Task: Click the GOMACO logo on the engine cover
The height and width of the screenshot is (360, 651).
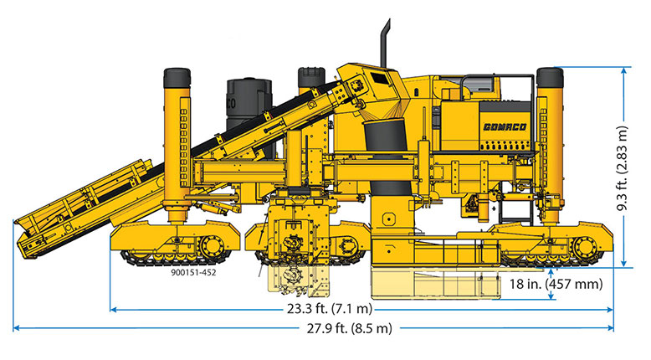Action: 505,126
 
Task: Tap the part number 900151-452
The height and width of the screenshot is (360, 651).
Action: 193,273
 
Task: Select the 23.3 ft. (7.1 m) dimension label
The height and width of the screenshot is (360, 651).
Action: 330,309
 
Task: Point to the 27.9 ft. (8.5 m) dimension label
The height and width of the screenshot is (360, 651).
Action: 350,328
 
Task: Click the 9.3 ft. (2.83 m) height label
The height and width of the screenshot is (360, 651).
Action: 623,167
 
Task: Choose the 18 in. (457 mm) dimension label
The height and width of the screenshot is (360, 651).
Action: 556,284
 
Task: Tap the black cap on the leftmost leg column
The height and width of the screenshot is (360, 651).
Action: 177,78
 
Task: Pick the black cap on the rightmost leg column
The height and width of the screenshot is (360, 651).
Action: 550,77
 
